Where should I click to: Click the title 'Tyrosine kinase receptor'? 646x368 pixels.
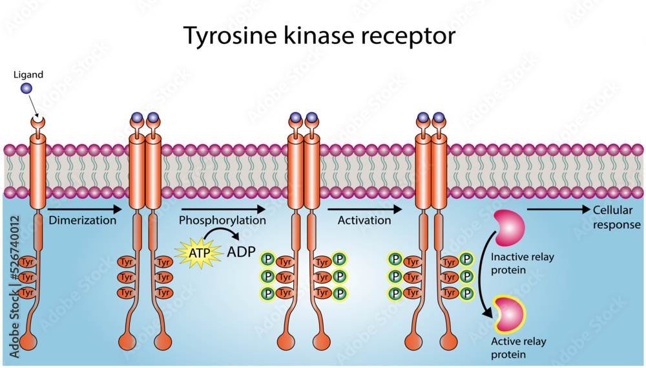point(320,36)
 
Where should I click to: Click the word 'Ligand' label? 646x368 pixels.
point(28,74)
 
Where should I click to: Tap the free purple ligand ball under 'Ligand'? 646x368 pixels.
point(26,89)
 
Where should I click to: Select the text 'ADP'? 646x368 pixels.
point(241,252)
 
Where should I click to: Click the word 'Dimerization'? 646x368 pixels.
point(83,220)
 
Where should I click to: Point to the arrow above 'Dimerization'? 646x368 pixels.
point(85,209)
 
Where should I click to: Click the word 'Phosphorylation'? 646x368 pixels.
point(222,220)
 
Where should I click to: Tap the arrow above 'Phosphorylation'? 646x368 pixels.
point(223,209)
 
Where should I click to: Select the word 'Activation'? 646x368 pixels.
point(364,220)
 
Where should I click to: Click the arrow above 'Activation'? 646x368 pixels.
point(365,209)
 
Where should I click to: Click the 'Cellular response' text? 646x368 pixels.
point(616,217)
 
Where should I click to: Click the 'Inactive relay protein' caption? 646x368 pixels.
point(523,263)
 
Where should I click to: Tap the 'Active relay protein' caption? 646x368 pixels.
point(517,347)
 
